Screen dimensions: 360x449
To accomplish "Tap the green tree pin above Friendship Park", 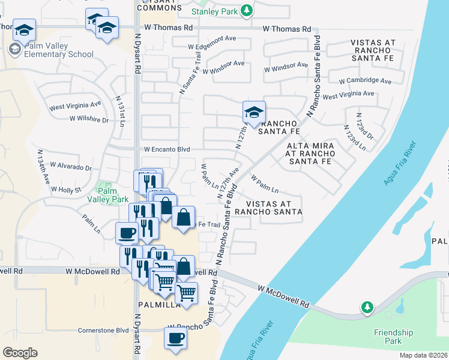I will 367,307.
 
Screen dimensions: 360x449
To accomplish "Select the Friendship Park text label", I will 394,336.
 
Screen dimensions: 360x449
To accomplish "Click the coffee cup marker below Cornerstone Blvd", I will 175,338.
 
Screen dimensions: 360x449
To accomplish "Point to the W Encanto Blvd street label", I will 166,149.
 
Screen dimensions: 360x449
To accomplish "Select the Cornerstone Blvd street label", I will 103,330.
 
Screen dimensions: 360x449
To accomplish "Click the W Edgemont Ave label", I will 212,46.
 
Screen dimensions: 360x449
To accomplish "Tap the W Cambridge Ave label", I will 365,80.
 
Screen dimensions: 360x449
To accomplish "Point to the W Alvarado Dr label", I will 71,166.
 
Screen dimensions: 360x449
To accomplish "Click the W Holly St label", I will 65,189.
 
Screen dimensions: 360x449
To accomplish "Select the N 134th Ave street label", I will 43,166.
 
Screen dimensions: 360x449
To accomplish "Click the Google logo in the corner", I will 20,352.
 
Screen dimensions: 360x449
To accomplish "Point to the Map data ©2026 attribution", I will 423,355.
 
